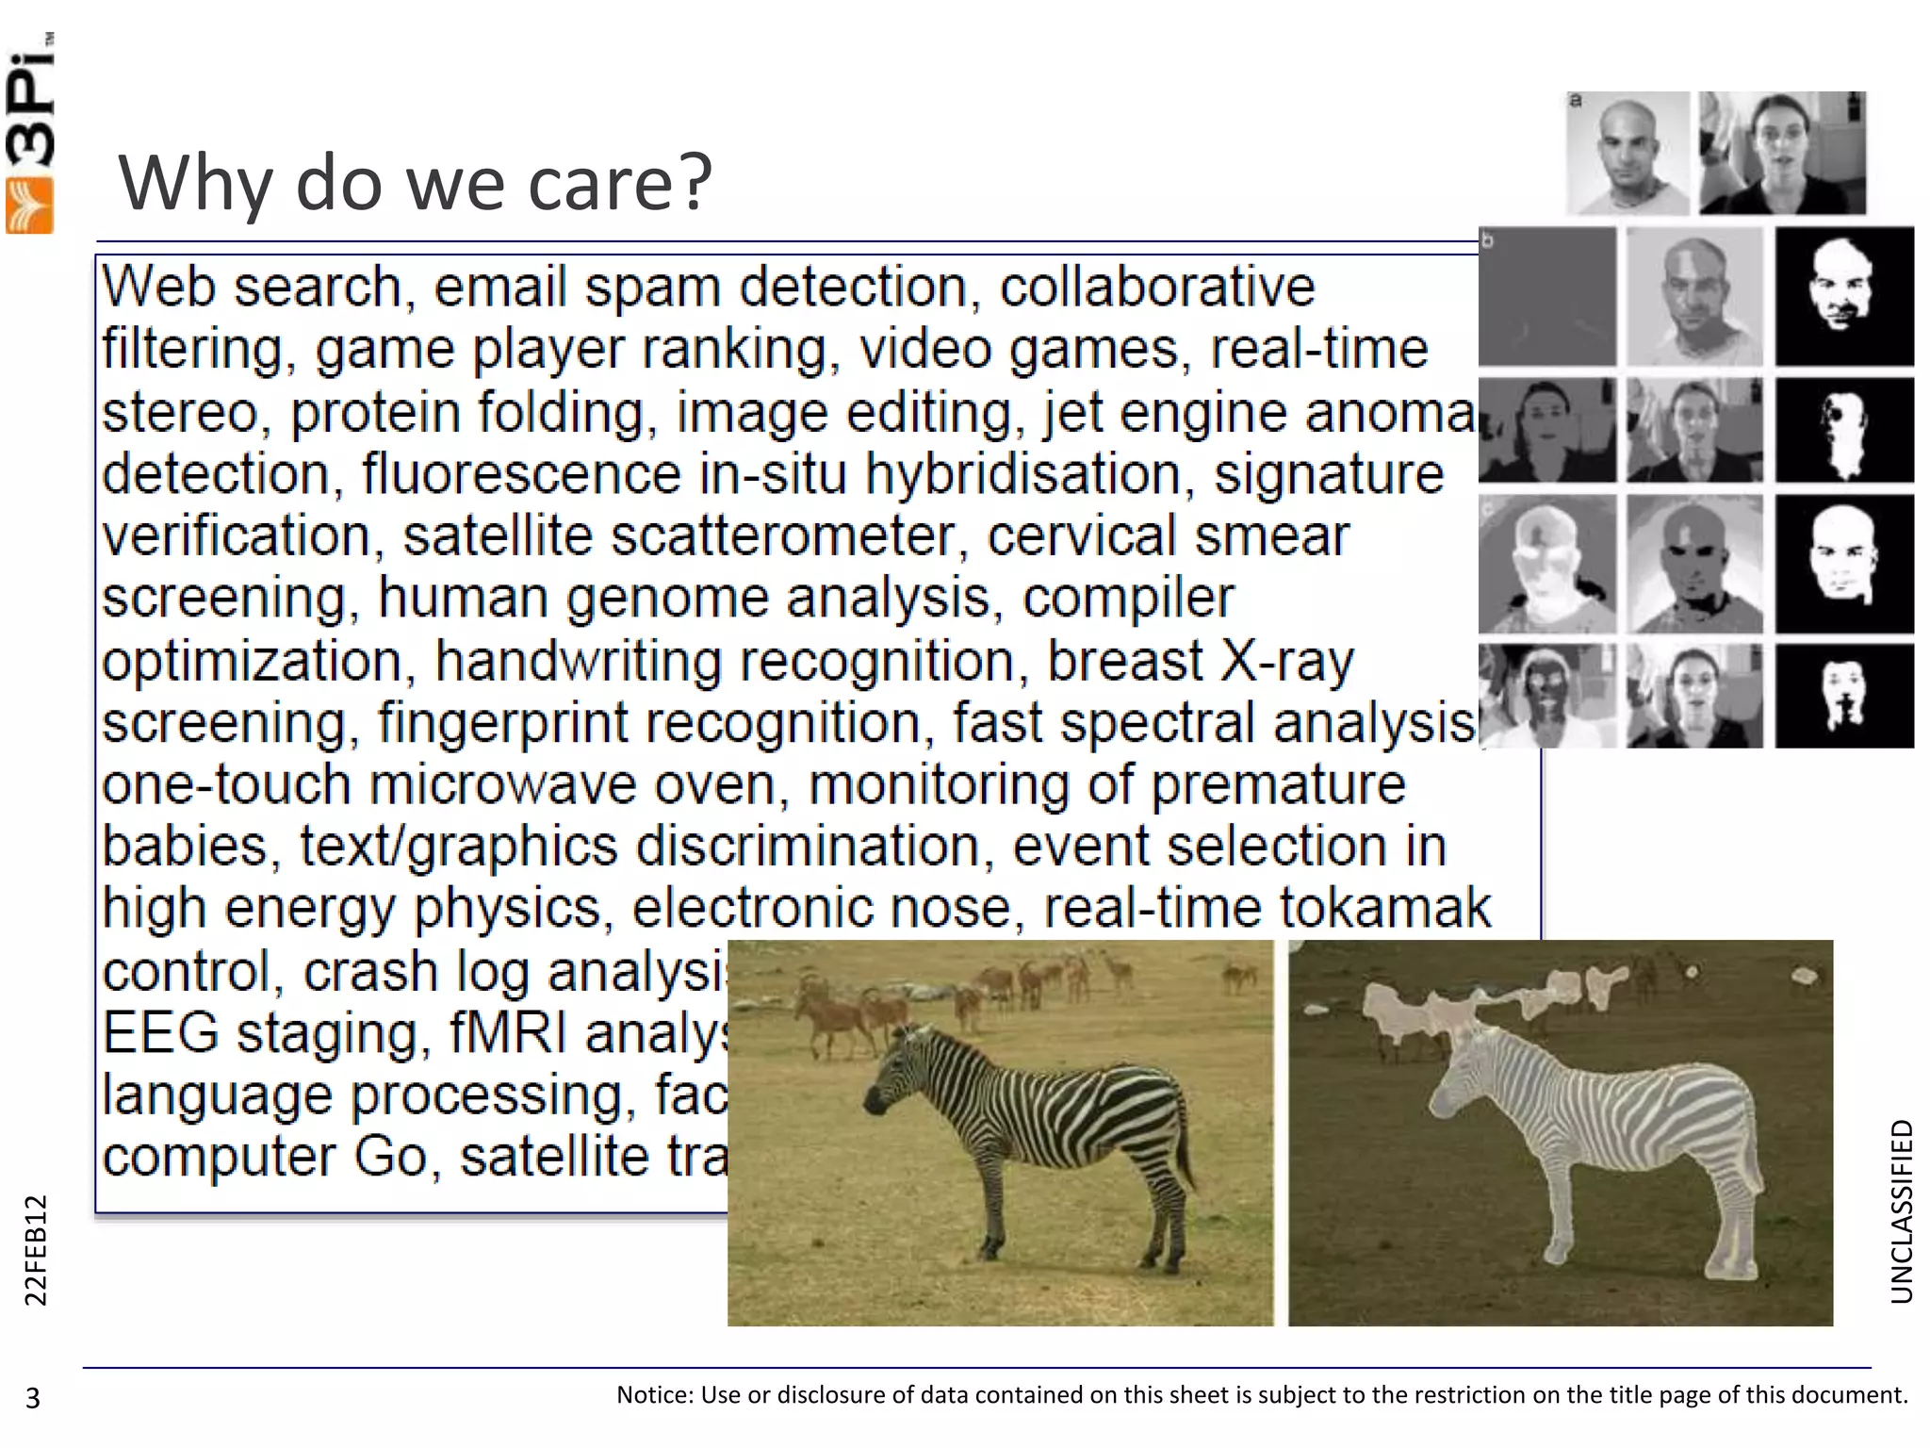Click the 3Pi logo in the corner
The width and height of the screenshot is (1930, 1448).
click(x=30, y=132)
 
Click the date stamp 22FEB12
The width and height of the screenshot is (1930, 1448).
click(x=35, y=1250)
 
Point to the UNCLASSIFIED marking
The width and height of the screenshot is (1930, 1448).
click(x=1902, y=1211)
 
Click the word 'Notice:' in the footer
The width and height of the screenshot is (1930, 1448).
click(x=655, y=1395)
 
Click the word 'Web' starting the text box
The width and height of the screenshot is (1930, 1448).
click(x=158, y=287)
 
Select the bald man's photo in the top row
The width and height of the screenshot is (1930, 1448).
click(x=1627, y=154)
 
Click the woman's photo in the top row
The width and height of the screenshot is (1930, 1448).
click(x=1781, y=154)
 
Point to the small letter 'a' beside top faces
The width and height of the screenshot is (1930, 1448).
click(x=1576, y=100)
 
